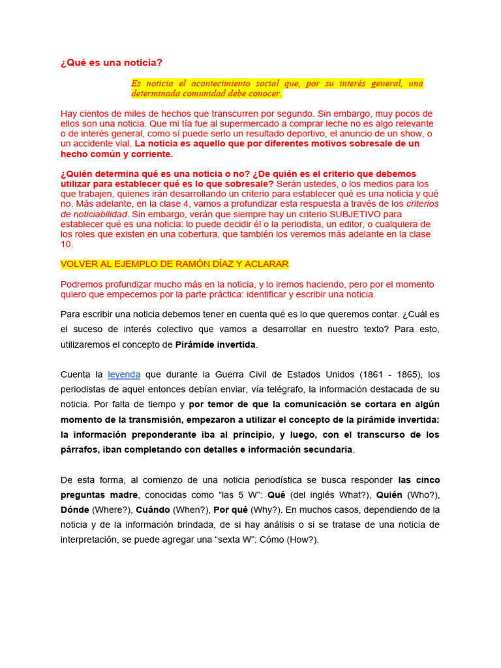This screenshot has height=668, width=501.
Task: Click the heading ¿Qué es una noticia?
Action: (x=111, y=63)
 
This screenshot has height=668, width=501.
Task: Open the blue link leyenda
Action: (x=124, y=374)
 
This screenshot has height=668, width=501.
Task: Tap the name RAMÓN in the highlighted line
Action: (x=190, y=264)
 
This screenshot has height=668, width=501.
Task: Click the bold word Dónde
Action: (x=74, y=509)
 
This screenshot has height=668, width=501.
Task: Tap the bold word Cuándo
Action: (x=153, y=509)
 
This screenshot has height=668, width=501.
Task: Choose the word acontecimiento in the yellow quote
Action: (x=222, y=83)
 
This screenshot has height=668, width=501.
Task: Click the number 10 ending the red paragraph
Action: (x=67, y=244)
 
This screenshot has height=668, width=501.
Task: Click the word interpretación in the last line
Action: (x=89, y=539)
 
